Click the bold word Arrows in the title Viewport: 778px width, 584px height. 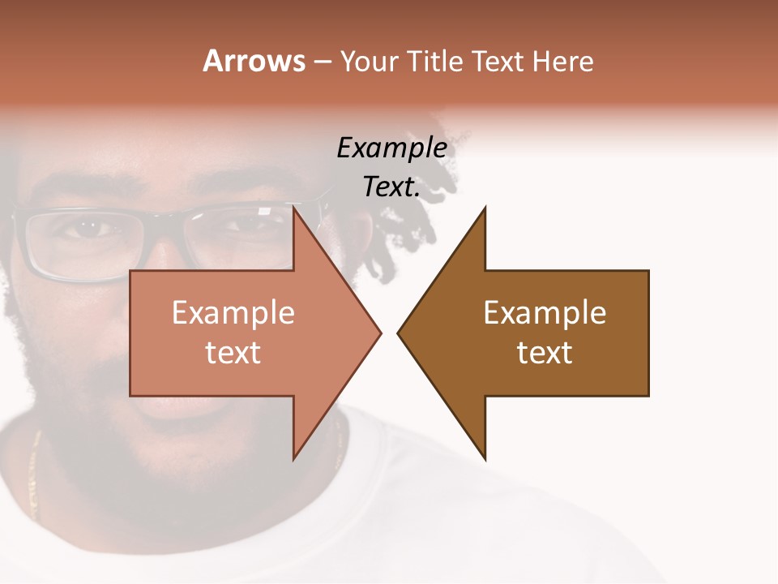tap(254, 61)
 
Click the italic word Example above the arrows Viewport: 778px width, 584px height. tap(392, 148)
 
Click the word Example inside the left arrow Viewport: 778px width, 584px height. tap(233, 313)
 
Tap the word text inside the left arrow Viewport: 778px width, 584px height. tap(233, 353)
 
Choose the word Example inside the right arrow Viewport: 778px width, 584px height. tap(545, 313)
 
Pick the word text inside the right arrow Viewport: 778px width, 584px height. tap(545, 353)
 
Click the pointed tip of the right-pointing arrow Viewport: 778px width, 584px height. tap(380, 332)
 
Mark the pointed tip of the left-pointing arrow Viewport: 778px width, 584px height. tap(398, 332)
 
